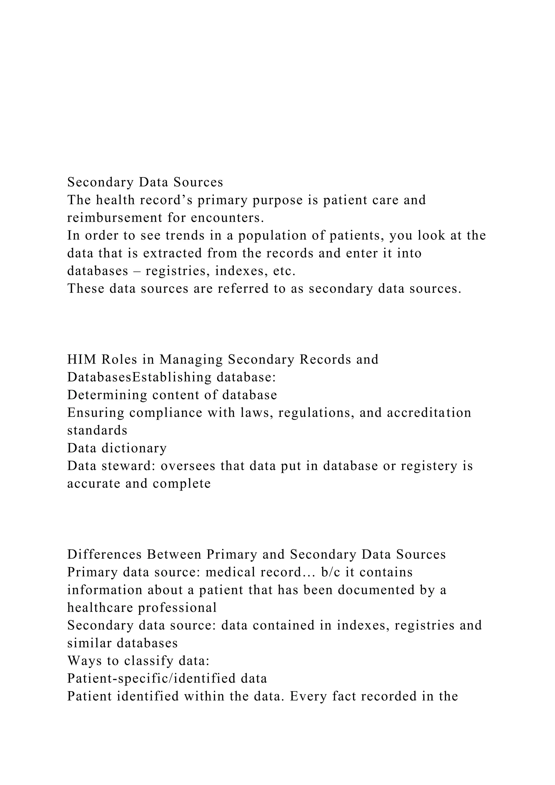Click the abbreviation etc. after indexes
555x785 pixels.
tap(284, 271)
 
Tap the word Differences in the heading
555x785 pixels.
tap(105, 555)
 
